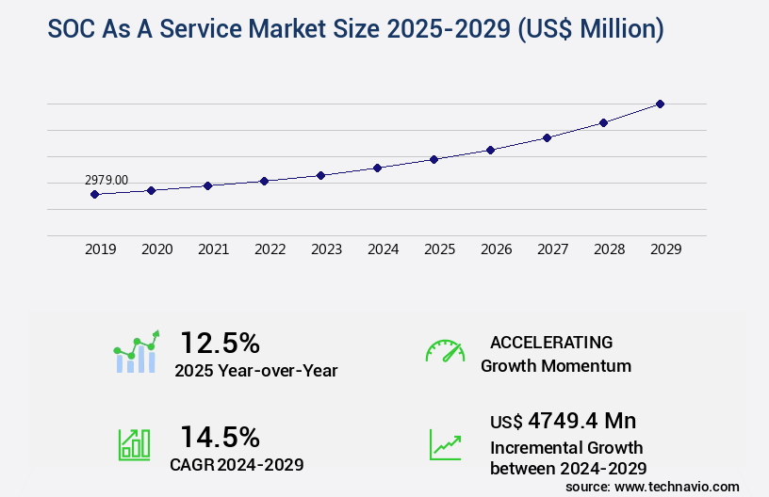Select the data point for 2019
94,194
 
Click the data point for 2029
660,104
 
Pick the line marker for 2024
377,168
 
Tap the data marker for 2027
547,137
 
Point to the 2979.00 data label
106,180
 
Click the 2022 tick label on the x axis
270,249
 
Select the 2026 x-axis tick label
496,249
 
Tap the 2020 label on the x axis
156,249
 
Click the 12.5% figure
220,342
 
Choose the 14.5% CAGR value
220,437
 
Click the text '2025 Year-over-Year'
255,371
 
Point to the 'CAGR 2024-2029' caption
237,465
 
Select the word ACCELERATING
551,342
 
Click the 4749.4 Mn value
583,420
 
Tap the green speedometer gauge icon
445,351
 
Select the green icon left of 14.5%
134,444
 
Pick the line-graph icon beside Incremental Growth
445,444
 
